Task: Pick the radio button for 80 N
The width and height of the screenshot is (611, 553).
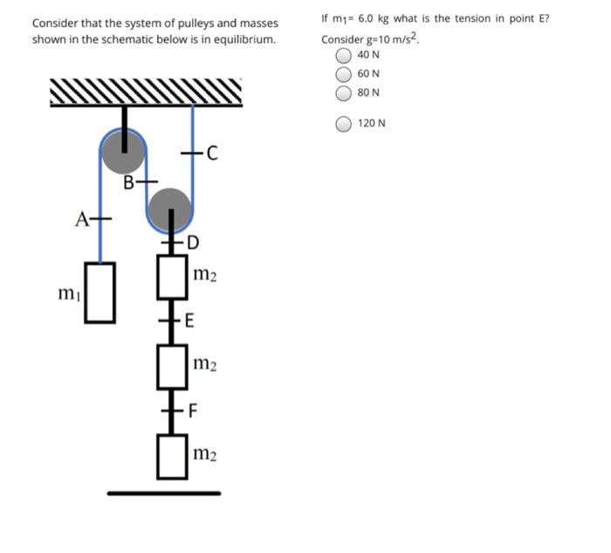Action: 345,92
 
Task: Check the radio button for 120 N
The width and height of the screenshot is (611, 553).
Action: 345,123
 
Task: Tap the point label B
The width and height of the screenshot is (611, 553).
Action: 129,183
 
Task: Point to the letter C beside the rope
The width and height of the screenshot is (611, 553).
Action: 211,155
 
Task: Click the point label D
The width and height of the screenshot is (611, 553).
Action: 193,242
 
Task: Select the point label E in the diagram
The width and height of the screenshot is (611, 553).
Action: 189,322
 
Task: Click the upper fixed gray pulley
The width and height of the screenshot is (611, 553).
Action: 123,151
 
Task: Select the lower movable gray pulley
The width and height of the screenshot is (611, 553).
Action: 169,209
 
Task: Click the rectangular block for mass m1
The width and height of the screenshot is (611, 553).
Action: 100,292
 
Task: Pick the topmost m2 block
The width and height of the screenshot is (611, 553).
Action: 172,276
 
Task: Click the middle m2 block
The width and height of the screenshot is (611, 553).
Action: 172,366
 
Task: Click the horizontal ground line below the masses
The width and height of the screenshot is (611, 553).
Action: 164,494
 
